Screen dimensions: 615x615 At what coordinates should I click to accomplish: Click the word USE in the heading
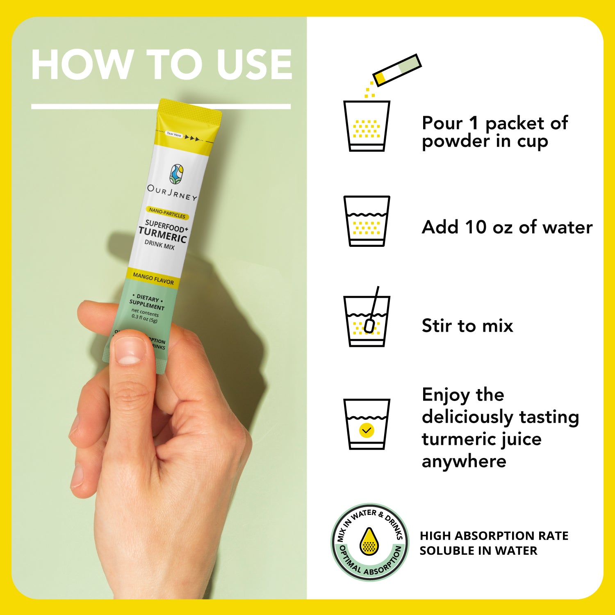[x=254, y=64]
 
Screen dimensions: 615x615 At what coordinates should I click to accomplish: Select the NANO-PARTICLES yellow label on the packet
[x=167, y=213]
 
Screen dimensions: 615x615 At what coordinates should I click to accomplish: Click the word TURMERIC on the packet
[x=162, y=235]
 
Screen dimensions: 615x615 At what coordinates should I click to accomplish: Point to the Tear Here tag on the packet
[x=174, y=134]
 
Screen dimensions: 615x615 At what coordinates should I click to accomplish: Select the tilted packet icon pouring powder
[x=397, y=70]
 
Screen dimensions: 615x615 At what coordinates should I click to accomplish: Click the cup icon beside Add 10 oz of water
[x=367, y=221]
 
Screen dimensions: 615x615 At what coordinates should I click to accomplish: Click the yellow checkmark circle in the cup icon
[x=367, y=430]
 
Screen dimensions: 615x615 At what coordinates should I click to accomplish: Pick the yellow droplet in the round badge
[x=369, y=541]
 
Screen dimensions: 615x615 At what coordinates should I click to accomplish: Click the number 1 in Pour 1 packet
[x=474, y=123]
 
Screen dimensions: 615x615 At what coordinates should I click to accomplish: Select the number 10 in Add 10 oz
[x=476, y=227]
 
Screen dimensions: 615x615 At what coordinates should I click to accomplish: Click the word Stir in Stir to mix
[x=437, y=326]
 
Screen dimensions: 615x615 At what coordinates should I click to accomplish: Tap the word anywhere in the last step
[x=464, y=462]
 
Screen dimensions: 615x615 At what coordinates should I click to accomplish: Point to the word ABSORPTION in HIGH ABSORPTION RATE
[x=494, y=536]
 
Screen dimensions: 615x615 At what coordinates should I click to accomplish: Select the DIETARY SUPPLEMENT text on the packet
[x=147, y=302]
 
